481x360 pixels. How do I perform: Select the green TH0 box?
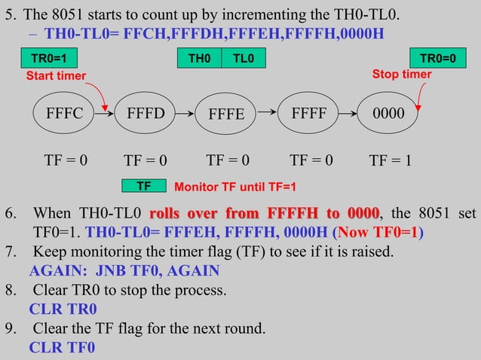tap(199, 59)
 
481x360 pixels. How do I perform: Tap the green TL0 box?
tap(243, 59)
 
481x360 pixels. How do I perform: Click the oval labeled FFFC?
tap(64, 114)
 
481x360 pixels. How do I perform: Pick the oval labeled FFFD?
tap(146, 114)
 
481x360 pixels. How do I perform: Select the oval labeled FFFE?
tap(226, 114)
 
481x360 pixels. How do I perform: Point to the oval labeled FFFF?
tap(308, 114)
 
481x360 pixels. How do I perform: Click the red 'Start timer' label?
tap(56, 75)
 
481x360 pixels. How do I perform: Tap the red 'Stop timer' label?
tap(402, 75)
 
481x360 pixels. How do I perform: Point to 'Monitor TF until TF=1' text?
tap(235, 186)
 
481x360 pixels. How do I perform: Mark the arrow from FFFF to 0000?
tap(349, 114)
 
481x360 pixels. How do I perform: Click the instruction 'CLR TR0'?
tap(63, 309)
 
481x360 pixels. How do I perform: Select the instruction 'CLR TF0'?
tap(62, 348)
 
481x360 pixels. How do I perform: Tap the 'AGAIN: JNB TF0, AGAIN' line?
tap(124, 270)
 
